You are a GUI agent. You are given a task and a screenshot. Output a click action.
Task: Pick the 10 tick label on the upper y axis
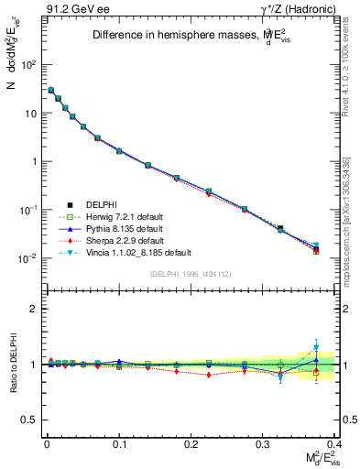(x=33, y=114)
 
